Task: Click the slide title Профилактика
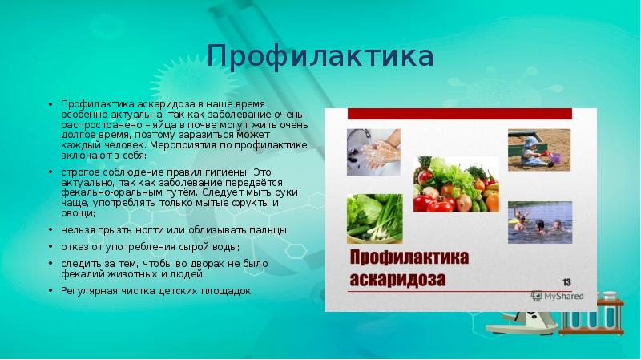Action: pos(320,56)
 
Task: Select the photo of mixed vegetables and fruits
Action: pos(456,184)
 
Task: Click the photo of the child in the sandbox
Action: pos(538,149)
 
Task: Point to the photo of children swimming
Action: pos(539,222)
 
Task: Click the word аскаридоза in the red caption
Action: pos(398,281)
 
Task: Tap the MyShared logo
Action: pos(558,296)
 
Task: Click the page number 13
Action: pos(566,281)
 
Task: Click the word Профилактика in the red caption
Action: pos(409,258)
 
